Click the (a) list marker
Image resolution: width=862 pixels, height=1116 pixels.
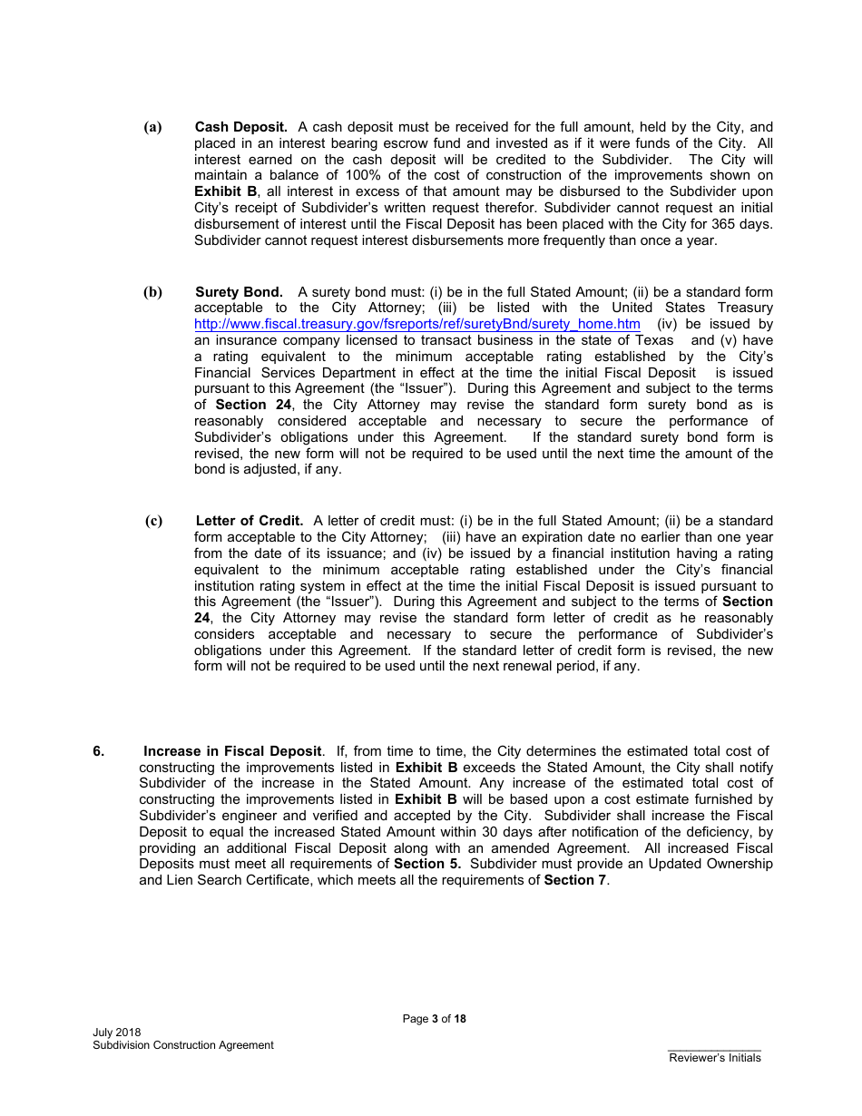click(152, 127)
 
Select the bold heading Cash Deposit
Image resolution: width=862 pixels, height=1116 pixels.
click(240, 127)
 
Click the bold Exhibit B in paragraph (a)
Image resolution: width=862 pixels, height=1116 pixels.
click(225, 191)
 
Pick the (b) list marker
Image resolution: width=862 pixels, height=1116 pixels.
click(152, 291)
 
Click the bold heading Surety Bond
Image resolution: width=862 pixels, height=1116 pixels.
click(239, 291)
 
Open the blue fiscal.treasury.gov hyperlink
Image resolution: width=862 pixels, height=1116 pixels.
click(417, 324)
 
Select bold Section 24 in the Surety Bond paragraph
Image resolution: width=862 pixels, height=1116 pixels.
click(253, 405)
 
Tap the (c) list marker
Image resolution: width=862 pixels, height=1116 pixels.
click(153, 520)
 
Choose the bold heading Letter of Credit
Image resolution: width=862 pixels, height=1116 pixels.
click(249, 520)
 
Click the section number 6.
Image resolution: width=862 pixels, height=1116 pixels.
click(98, 750)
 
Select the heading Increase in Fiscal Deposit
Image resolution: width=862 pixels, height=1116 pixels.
click(232, 750)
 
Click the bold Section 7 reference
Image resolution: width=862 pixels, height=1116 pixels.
click(575, 881)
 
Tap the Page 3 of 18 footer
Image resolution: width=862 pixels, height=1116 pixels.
click(434, 1019)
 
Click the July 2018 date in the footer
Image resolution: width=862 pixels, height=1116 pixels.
click(116, 1033)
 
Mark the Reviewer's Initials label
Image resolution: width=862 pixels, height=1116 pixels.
click(715, 1058)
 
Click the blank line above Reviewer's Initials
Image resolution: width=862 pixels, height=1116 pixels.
click(715, 1050)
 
